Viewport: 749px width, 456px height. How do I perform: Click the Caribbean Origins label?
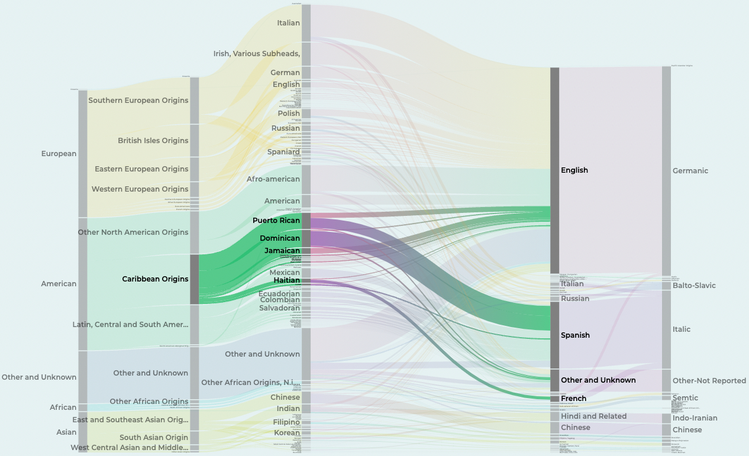(155, 279)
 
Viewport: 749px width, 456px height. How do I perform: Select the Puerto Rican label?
(276, 221)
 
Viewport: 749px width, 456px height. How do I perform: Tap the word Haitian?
(286, 280)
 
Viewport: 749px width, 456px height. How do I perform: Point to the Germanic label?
(690, 171)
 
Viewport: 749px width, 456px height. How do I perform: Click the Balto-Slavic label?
(694, 286)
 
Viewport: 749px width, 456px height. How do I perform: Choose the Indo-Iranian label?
(695, 418)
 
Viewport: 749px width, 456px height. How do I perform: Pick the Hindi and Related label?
(593, 416)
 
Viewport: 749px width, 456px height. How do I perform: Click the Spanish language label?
(575, 335)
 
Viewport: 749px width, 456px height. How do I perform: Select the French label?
(573, 399)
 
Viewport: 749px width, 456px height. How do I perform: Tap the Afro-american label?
(273, 179)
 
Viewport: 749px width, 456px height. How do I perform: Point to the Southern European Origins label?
(138, 101)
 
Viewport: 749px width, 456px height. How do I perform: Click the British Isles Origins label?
(153, 141)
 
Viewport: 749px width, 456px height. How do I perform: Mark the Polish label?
(289, 114)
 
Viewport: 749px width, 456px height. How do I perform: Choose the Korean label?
(286, 433)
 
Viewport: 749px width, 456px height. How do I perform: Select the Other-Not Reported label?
(709, 381)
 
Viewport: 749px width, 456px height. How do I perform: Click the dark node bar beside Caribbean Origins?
(194, 279)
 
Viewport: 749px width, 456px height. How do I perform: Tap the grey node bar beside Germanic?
(666, 170)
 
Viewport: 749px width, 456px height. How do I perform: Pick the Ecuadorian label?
(279, 294)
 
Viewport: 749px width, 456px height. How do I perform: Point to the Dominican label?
(280, 238)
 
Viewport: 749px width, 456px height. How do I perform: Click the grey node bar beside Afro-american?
(306, 179)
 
